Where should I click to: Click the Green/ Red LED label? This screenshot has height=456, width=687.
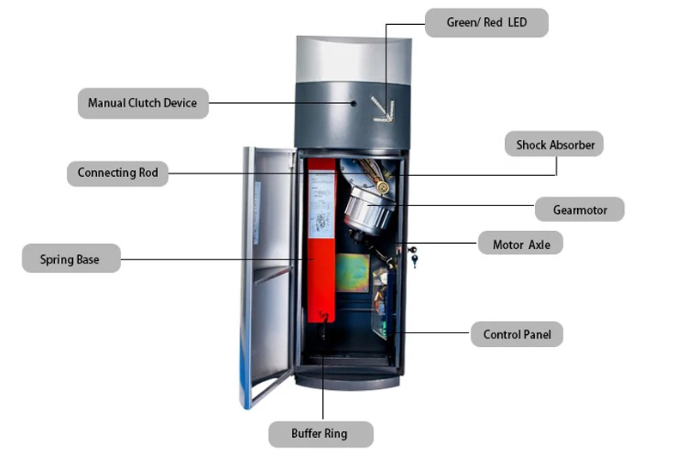pyautogui.click(x=486, y=22)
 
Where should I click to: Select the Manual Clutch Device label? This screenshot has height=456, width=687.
pyautogui.click(x=143, y=103)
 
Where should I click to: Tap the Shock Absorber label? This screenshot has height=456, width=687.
pyautogui.click(x=555, y=144)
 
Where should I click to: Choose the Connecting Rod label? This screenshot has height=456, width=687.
pyautogui.click(x=118, y=173)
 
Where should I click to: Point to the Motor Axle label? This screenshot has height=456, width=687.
pyautogui.click(x=520, y=244)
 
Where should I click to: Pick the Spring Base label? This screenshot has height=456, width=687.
pyautogui.click(x=70, y=258)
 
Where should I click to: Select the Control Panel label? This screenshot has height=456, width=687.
pyautogui.click(x=516, y=334)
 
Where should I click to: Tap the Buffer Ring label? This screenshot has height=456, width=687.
pyautogui.click(x=319, y=434)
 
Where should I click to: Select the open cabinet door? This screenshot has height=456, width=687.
pyautogui.click(x=268, y=275)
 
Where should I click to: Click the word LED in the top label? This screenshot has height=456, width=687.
pyautogui.click(x=517, y=22)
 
